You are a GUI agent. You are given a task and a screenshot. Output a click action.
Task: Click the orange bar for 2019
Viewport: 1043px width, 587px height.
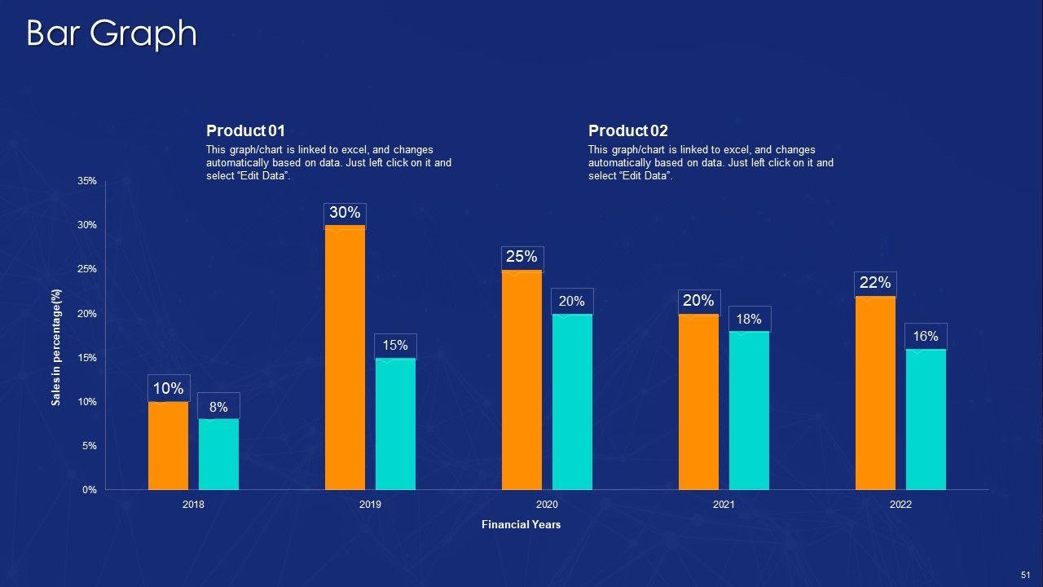(x=345, y=359)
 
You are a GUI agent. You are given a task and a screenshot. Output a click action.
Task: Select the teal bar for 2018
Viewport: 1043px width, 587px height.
(x=218, y=454)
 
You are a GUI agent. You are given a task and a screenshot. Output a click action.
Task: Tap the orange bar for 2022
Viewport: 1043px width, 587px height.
(x=875, y=393)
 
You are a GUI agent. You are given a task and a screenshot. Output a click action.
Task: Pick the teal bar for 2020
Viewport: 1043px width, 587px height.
(x=572, y=402)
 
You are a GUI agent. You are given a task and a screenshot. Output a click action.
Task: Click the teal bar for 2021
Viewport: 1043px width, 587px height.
(x=749, y=411)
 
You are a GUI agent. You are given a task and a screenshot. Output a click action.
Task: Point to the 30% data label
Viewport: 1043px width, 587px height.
(x=345, y=214)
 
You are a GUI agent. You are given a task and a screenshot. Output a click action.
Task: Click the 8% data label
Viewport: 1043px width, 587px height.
(x=218, y=408)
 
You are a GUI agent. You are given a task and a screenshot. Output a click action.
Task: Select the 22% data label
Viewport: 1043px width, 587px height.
(x=875, y=283)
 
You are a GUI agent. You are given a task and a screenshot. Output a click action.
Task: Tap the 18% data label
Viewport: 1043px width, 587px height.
(x=749, y=320)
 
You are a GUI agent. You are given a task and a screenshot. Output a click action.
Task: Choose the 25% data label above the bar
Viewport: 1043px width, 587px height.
(x=521, y=258)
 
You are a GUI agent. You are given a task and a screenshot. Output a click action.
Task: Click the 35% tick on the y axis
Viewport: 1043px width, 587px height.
(x=87, y=181)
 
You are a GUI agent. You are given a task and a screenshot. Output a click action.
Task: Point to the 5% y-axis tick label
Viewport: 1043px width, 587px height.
(x=90, y=446)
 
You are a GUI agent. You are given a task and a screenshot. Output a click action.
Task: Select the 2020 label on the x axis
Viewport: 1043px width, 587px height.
(x=547, y=505)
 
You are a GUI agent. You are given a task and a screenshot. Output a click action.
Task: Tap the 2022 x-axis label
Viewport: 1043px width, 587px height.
(x=900, y=505)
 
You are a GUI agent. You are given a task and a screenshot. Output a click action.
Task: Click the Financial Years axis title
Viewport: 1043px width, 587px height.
(x=521, y=525)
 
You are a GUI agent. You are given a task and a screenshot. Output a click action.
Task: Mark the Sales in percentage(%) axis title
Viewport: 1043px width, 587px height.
(x=56, y=347)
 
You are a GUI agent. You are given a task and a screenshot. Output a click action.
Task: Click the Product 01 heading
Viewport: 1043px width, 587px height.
(x=246, y=131)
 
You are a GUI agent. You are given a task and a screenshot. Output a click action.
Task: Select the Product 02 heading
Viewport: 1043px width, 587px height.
(x=628, y=131)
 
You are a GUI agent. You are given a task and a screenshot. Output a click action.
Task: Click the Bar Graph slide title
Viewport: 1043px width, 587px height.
(x=112, y=34)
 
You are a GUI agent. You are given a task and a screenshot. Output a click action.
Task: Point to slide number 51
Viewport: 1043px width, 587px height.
(x=1024, y=575)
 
